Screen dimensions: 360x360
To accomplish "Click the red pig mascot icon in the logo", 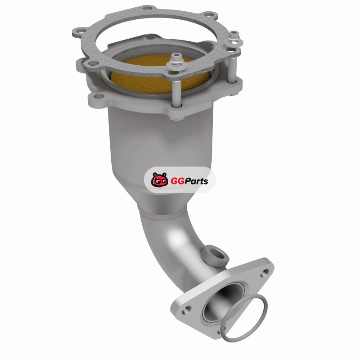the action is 159,180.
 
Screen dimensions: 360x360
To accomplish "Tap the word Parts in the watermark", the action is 197,181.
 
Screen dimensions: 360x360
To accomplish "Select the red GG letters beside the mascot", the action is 177,181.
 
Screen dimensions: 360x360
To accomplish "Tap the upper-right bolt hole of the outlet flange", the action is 265,273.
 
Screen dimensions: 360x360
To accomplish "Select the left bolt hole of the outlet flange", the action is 186,310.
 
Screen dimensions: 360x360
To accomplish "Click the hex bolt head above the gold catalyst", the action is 176,58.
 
